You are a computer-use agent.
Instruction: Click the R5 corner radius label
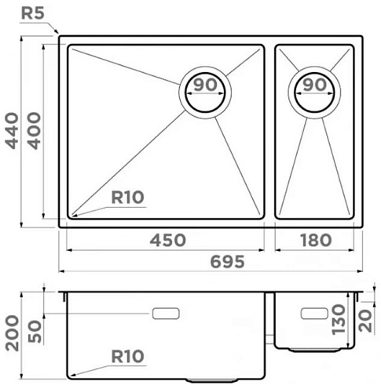[32, 13]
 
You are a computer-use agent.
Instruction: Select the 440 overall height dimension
[12, 131]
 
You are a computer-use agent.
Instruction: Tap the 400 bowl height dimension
[35, 131]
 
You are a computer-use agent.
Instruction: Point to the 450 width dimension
[168, 240]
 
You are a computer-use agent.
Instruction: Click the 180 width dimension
[316, 240]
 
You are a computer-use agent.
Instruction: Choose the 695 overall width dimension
[228, 262]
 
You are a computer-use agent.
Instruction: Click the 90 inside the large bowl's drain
[206, 85]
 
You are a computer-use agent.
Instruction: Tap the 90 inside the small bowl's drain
[315, 85]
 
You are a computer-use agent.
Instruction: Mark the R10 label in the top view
[127, 198]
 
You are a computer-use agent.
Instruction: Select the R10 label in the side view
[127, 357]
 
